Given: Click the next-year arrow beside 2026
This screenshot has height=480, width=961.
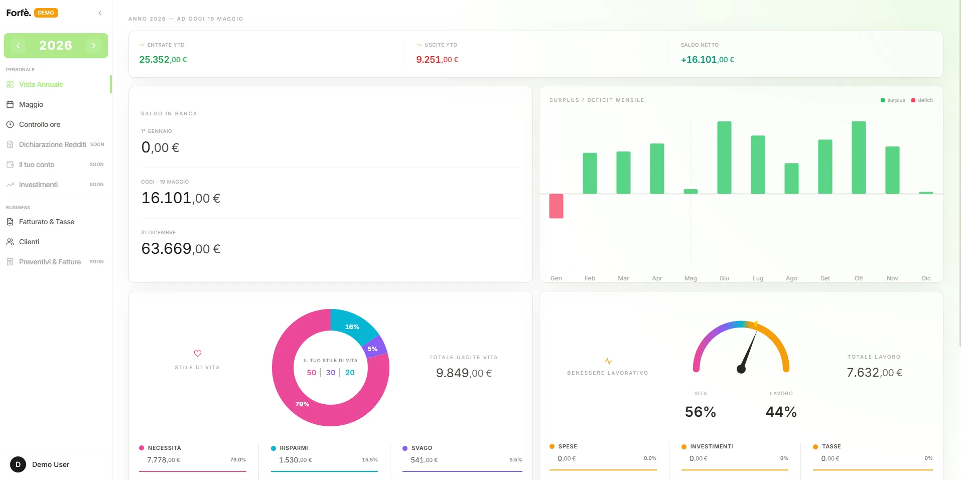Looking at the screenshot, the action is (x=94, y=46).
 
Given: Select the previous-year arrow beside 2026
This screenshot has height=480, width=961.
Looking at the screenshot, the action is (x=18, y=46).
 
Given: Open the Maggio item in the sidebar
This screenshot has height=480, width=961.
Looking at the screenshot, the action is (x=31, y=104).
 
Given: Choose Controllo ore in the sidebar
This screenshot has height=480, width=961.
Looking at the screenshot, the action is (x=40, y=124).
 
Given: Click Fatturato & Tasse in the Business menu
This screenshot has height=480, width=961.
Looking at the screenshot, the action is (x=47, y=222).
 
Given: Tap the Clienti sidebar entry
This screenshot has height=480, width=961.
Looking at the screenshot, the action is (x=29, y=242).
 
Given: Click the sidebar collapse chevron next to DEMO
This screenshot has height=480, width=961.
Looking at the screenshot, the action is (x=100, y=13).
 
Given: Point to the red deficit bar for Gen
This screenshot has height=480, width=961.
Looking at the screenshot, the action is (x=556, y=206).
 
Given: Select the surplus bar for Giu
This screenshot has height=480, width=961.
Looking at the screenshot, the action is (x=724, y=157).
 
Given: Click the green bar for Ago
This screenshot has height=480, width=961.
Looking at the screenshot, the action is (x=791, y=179).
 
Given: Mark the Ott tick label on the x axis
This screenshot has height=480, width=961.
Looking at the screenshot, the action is (x=859, y=278).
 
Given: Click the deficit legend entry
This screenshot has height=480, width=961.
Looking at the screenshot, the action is (x=922, y=100).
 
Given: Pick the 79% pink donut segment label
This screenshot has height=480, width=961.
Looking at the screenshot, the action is (x=302, y=404).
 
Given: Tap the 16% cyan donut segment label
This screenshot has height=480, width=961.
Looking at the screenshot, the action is (x=352, y=327).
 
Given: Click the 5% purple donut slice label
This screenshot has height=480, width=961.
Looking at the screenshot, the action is (x=372, y=349).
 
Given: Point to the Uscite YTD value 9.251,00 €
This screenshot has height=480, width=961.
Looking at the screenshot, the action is (x=437, y=60).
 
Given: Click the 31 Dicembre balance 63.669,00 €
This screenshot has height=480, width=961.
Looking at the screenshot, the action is (x=181, y=249).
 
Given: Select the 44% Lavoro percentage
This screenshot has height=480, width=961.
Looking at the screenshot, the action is (x=781, y=412).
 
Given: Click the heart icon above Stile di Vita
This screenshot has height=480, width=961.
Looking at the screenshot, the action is (x=198, y=354).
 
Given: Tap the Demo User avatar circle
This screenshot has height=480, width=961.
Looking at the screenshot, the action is (x=18, y=464).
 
